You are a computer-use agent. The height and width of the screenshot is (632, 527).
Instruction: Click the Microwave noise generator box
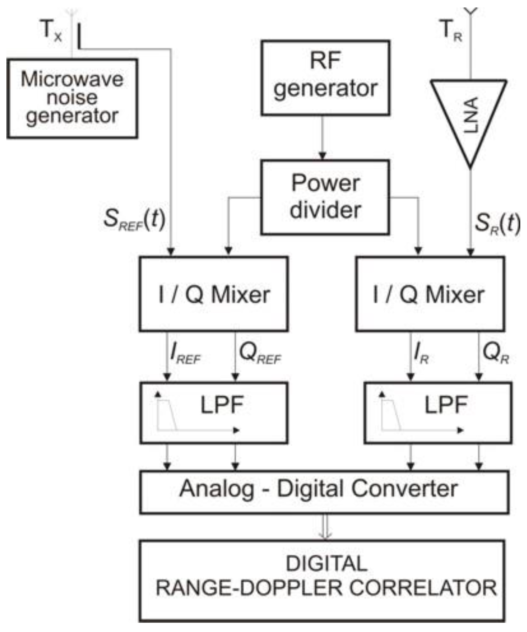(72, 98)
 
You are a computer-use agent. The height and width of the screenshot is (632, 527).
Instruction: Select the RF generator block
(325, 78)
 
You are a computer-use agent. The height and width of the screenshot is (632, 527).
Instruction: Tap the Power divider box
(325, 197)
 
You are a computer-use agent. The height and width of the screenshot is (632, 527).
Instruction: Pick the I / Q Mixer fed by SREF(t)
(214, 294)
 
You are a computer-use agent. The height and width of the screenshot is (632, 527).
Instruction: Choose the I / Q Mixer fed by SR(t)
(430, 294)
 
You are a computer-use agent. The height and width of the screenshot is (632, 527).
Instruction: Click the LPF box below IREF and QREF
(214, 413)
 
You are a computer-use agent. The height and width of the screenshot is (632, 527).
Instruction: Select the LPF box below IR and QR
(438, 413)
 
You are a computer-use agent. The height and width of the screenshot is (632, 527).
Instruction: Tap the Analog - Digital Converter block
(324, 491)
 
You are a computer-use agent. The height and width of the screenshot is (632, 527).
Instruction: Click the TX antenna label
(51, 30)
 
